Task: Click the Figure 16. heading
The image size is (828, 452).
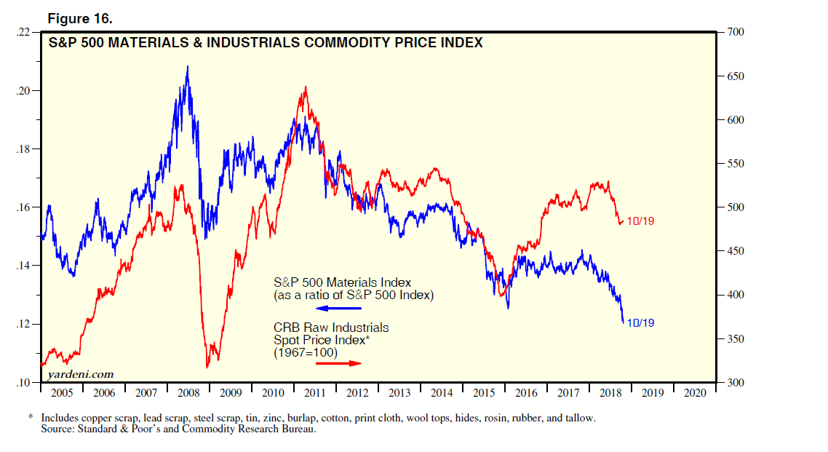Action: click(x=80, y=18)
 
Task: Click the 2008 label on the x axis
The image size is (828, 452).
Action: click(x=188, y=393)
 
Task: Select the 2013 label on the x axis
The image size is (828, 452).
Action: click(x=399, y=393)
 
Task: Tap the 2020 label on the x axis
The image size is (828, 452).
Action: click(x=695, y=393)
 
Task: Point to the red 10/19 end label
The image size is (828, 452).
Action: click(x=640, y=221)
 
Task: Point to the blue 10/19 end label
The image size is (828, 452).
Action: click(x=640, y=322)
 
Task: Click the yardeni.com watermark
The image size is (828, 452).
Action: click(x=80, y=374)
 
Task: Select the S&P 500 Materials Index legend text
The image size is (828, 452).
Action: click(x=342, y=282)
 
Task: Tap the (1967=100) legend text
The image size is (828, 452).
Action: click(x=306, y=352)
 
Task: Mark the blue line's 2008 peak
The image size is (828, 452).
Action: click(x=188, y=67)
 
